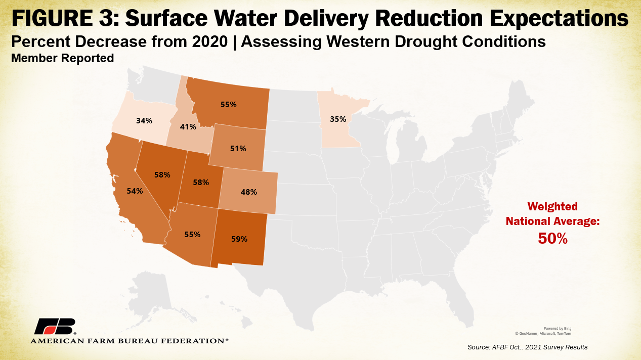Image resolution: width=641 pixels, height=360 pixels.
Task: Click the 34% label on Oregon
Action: [144, 121]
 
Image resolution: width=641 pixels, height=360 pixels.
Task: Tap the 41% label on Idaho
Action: [188, 127]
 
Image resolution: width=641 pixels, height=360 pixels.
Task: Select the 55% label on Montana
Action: [228, 105]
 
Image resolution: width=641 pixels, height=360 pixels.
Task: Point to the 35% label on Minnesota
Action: [338, 119]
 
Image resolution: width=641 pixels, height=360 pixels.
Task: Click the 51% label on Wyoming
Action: [238, 149]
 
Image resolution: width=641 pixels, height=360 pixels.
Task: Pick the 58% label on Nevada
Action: [162, 174]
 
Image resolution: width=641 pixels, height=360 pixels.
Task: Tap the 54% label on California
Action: [135, 191]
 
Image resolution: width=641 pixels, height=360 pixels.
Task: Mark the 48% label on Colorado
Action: [249, 192]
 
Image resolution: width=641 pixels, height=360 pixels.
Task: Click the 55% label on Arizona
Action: [192, 235]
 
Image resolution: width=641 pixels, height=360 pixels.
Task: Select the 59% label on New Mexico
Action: [239, 239]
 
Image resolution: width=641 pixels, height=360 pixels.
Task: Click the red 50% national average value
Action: [552, 239]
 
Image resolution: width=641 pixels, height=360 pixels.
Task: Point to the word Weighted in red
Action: [552, 206]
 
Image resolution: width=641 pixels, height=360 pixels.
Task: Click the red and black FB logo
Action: [55, 327]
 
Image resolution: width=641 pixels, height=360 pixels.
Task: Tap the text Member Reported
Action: [62, 58]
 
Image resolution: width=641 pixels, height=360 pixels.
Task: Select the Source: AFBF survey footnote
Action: [528, 347]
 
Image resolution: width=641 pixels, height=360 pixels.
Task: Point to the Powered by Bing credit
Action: [558, 328]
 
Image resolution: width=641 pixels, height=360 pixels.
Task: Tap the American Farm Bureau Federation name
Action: [130, 341]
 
